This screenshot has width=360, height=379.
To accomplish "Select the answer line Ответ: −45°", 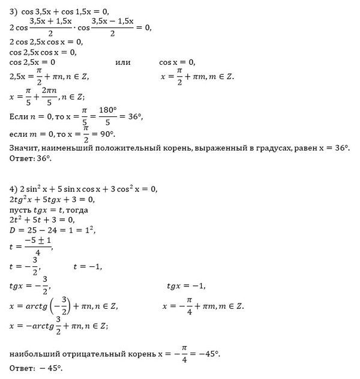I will pos(36,368).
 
